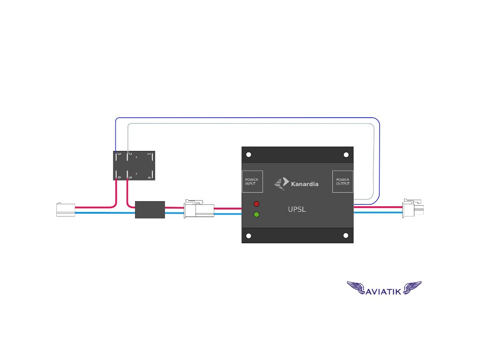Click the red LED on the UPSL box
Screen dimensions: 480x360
[x=256, y=204]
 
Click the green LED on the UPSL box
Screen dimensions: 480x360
[x=256, y=215]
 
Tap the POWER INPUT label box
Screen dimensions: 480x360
[x=252, y=181]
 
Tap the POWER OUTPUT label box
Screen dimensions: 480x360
[x=343, y=181]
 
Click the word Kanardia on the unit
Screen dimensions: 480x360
[x=304, y=184]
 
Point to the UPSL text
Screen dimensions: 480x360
[x=297, y=210]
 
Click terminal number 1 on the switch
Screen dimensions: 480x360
[x=149, y=154]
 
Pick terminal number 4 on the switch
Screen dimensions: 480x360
[x=149, y=177]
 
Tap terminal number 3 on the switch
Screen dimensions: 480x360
[x=119, y=154]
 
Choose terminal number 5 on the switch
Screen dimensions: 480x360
[x=130, y=177]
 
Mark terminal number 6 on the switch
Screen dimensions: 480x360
[x=119, y=177]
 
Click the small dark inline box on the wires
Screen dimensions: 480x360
[x=150, y=210]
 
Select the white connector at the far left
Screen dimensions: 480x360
[x=65, y=210]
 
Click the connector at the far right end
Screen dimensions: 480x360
[x=413, y=207]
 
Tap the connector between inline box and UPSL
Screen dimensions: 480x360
[x=199, y=209]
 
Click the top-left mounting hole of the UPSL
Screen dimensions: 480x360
[x=249, y=155]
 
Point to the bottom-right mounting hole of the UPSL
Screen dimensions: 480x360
[x=346, y=235]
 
